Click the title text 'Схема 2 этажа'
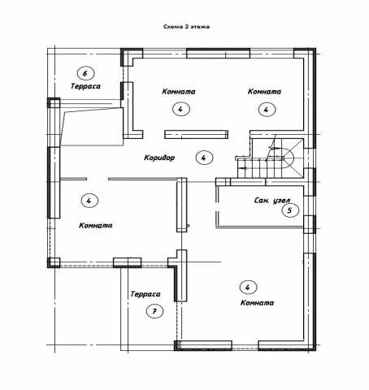click(x=186, y=27)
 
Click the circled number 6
click(x=85, y=73)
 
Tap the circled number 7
click(x=154, y=311)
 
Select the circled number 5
click(x=290, y=210)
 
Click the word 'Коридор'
click(x=159, y=158)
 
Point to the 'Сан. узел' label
click(x=272, y=201)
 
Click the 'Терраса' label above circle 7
click(x=145, y=294)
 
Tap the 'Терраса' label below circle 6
click(x=85, y=86)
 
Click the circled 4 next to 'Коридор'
click(x=204, y=158)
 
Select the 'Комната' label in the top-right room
click(x=264, y=92)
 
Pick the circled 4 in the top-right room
click(x=267, y=110)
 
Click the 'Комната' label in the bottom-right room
click(x=258, y=302)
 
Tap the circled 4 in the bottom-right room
click(x=248, y=287)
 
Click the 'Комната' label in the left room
click(x=96, y=225)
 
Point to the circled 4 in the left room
click(x=89, y=201)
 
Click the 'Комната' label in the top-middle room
click(x=179, y=92)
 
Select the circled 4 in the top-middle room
click(x=181, y=109)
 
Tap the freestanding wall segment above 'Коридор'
click(x=196, y=135)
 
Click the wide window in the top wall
click(x=218, y=54)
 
